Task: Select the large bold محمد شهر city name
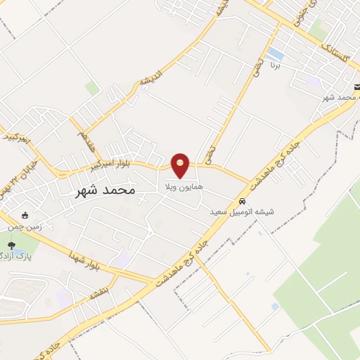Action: tap(105, 190)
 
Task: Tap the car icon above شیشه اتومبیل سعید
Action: tap(243, 199)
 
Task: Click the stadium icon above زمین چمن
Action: tap(26, 215)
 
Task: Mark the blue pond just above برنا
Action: tap(276, 54)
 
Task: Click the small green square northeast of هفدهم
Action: tap(92, 88)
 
